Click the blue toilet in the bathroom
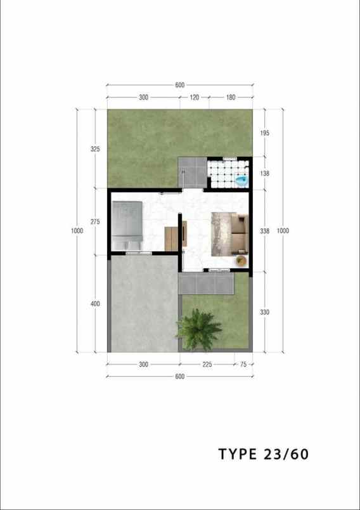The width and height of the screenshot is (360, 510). pos(241,181)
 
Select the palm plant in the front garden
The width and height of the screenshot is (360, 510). pos(198,329)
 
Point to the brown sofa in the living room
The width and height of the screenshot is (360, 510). pos(239,232)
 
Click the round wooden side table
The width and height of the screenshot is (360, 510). pos(241,260)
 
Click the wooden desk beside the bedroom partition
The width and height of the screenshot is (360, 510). pos(172,237)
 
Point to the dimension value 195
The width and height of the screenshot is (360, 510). pos(265,133)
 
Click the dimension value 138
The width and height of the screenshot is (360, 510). pos(265,173)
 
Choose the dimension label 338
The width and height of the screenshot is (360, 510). pos(265,231)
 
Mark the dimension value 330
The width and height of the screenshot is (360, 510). pos(265,311)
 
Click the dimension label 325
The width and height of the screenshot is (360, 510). pos(95,149)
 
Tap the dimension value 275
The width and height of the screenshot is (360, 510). pos(95,221)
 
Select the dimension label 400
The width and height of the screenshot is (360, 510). pos(95,304)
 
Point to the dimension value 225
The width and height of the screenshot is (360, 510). pos(207,365)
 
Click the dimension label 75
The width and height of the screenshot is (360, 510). pos(242,365)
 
